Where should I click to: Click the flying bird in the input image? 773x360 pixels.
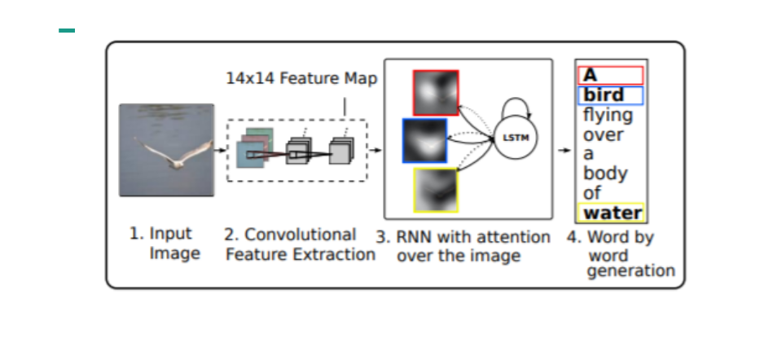172,155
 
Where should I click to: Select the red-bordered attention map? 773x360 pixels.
436,92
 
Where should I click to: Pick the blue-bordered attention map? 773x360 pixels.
424,141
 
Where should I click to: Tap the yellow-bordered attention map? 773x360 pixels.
436,190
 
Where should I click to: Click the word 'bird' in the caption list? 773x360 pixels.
604,95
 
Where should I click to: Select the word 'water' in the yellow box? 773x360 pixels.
612,213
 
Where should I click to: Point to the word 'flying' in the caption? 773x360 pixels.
608,115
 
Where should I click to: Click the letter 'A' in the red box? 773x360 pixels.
591,76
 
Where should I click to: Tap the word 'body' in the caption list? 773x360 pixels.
605,173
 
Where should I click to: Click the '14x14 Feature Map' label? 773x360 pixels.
301,79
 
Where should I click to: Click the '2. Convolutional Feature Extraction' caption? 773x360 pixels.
299,244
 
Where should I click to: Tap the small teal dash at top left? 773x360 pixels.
67,31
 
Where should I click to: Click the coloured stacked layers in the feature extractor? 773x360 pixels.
252,148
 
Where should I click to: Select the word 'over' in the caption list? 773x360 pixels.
603,134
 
